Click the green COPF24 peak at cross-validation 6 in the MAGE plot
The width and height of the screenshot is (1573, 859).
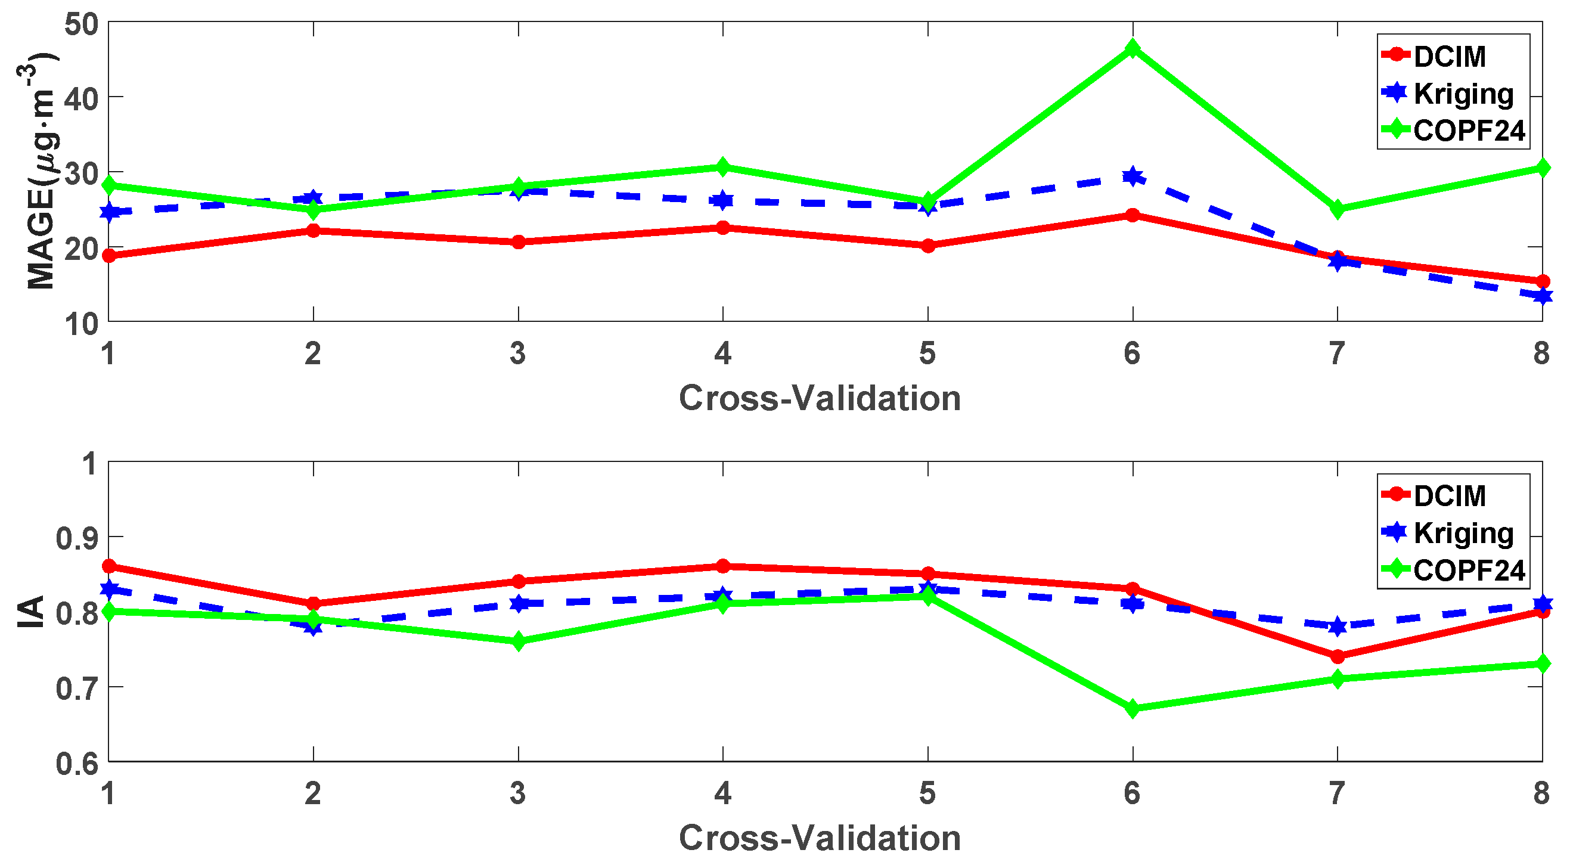point(1132,48)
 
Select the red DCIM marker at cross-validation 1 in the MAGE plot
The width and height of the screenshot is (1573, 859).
point(109,256)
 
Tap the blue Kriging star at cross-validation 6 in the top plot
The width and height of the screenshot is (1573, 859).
point(1132,177)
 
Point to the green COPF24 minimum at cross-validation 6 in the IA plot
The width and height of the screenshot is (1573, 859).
point(1132,709)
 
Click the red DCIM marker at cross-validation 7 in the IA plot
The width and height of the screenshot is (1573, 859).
point(1338,656)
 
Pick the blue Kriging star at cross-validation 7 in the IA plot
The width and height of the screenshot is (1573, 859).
point(1338,627)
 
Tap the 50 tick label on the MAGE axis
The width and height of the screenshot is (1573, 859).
point(81,24)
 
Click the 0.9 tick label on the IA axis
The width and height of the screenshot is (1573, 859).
point(77,538)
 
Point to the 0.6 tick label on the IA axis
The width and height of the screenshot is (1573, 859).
point(77,763)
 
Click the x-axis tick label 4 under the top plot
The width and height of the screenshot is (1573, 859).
point(722,353)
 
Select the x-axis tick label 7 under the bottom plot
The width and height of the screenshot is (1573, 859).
point(1337,793)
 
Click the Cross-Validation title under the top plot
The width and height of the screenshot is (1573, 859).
point(820,398)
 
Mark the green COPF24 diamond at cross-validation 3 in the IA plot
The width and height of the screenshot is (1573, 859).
point(519,641)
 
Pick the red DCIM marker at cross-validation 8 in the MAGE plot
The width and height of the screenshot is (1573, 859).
point(1542,281)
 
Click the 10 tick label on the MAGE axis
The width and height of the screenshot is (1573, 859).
point(81,324)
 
